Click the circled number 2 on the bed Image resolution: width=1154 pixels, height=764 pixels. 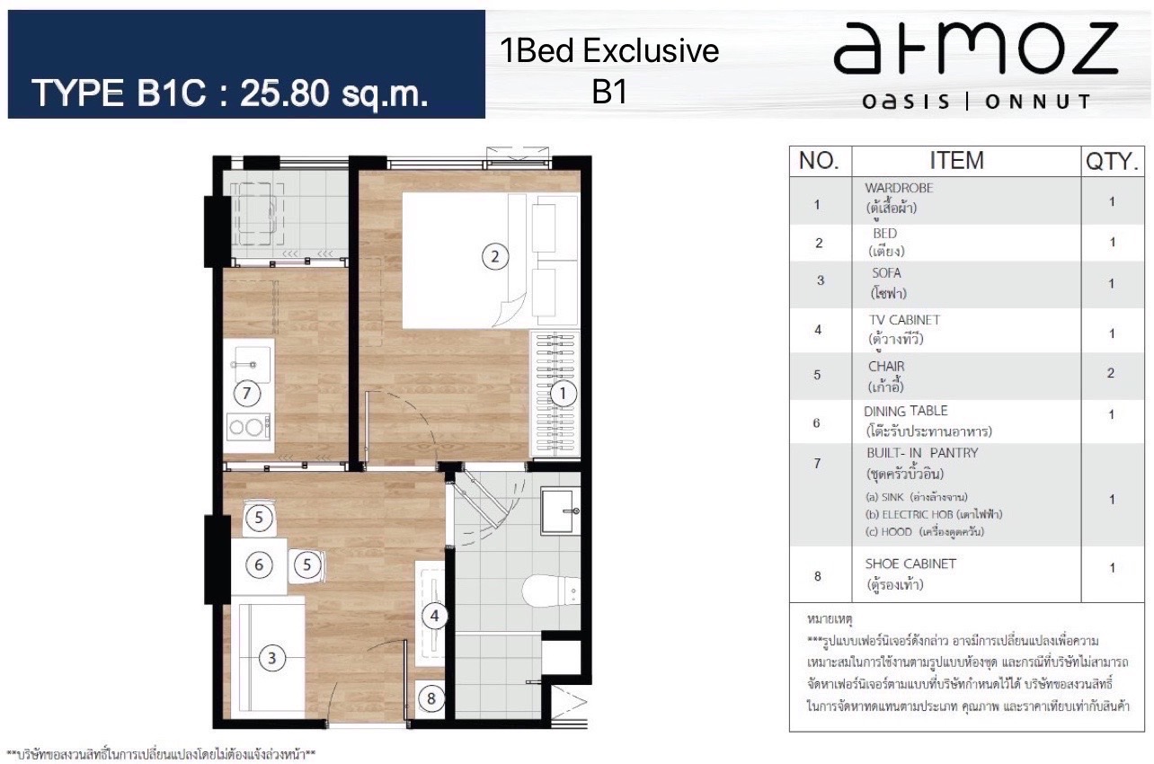click(495, 256)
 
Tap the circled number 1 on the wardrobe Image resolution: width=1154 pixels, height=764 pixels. click(563, 394)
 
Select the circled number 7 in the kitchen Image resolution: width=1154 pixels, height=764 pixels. click(247, 394)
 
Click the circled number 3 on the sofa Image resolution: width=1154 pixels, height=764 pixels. click(271, 658)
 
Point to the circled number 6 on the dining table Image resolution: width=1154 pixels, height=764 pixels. click(259, 564)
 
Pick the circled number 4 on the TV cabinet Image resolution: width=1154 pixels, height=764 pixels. click(434, 616)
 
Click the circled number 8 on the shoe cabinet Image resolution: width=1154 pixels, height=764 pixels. click(431, 698)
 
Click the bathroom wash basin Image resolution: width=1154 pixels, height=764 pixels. click(560, 511)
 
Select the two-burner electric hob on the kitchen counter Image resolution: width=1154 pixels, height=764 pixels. click(249, 427)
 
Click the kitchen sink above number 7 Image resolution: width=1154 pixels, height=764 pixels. click(252, 365)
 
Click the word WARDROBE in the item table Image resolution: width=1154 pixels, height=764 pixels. click(899, 188)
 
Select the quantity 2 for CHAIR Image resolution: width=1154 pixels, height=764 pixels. click(1111, 373)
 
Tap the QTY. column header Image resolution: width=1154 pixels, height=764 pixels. click(1113, 161)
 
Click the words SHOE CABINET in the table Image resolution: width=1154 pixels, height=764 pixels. click(910, 564)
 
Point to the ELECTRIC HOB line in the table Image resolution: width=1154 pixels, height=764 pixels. click(934, 514)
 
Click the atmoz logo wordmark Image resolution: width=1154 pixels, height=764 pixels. click(976, 48)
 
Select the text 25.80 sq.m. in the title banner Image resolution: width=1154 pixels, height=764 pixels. click(333, 93)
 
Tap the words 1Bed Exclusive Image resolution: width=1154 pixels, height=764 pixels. click(609, 51)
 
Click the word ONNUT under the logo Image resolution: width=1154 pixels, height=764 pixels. click(1037, 102)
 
